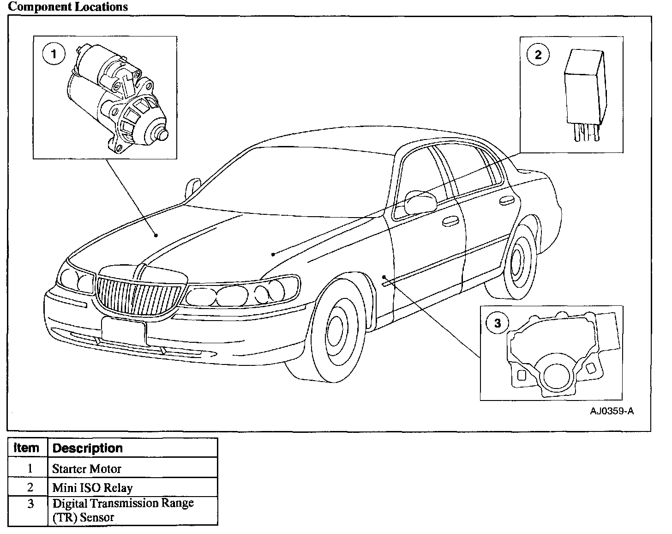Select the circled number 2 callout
tap(538, 55)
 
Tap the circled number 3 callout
tap(497, 323)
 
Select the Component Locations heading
tap(68, 7)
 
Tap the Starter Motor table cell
tap(86, 468)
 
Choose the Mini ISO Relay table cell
tap(92, 487)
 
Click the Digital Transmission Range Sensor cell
tap(123, 510)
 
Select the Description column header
tap(88, 448)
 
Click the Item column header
tap(27, 448)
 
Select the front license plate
tap(123, 330)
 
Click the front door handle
tap(448, 222)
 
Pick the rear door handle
tap(506, 200)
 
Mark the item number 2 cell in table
tap(30, 487)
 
